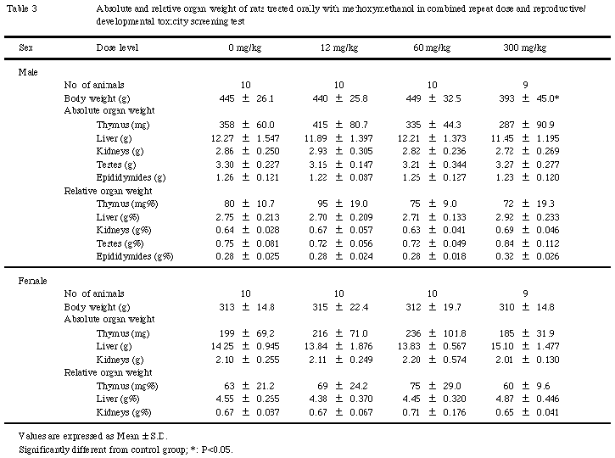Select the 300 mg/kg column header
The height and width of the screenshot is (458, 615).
coord(526,48)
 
